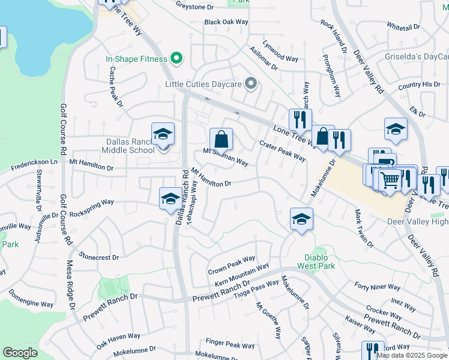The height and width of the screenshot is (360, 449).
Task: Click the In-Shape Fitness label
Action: point(136,59)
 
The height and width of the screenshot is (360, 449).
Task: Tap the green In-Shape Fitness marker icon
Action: point(176,59)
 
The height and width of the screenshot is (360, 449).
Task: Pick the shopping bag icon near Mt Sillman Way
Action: point(221,139)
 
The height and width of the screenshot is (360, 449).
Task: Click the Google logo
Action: point(20,353)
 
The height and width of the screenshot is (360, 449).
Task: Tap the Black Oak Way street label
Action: point(226,22)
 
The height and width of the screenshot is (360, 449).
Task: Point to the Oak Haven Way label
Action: point(118,338)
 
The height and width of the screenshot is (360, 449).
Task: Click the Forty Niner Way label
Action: point(378,287)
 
